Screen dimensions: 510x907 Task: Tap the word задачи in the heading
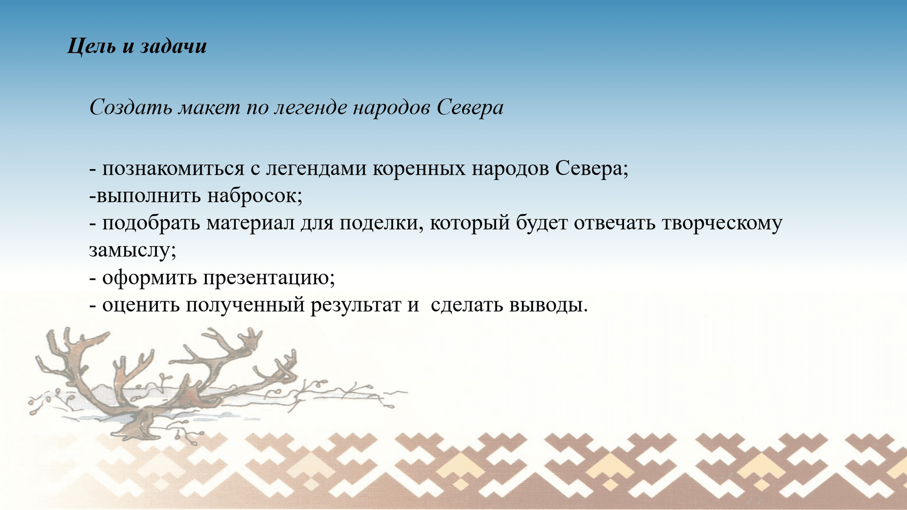point(173,46)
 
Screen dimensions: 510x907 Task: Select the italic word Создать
point(131,108)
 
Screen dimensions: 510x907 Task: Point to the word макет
point(209,108)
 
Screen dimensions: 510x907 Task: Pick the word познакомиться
point(173,169)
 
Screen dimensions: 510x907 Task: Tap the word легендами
point(316,169)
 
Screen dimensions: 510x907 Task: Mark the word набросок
point(254,195)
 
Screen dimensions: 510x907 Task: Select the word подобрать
point(151,223)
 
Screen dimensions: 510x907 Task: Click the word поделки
point(379,223)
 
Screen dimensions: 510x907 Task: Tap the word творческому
point(722,223)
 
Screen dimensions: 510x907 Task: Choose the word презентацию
point(269,278)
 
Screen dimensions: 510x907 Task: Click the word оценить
point(141,305)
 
